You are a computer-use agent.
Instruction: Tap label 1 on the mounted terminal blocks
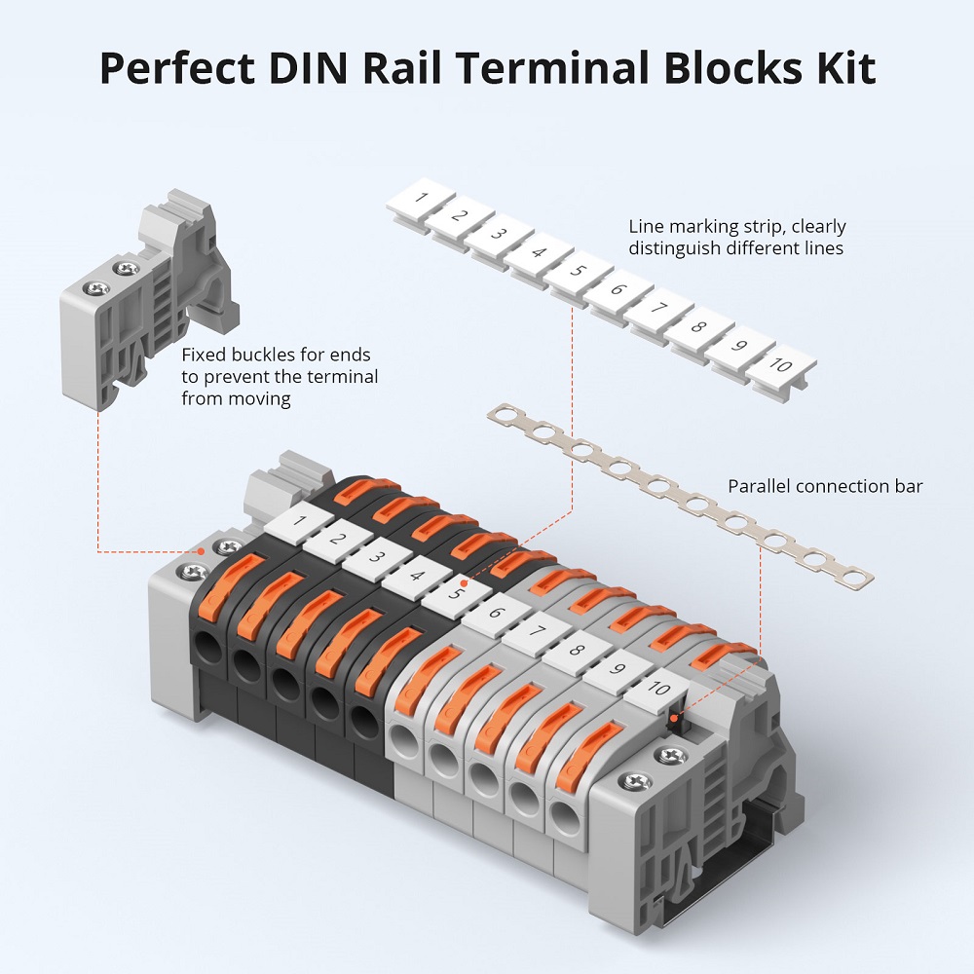(x=298, y=522)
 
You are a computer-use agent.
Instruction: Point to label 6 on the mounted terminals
(x=495, y=613)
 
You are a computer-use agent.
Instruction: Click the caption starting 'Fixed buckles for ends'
(x=277, y=356)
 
